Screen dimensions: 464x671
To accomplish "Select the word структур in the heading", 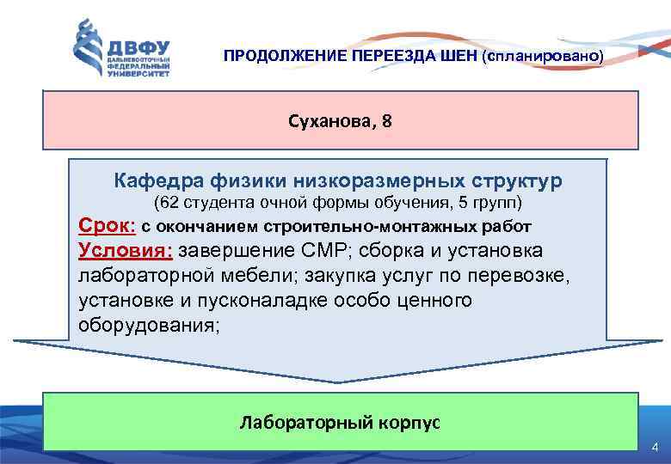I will pyautogui.click(x=516, y=181).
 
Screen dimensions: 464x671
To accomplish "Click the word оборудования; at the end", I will pyautogui.click(x=149, y=327).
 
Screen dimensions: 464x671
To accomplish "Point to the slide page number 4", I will pyautogui.click(x=655, y=448).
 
